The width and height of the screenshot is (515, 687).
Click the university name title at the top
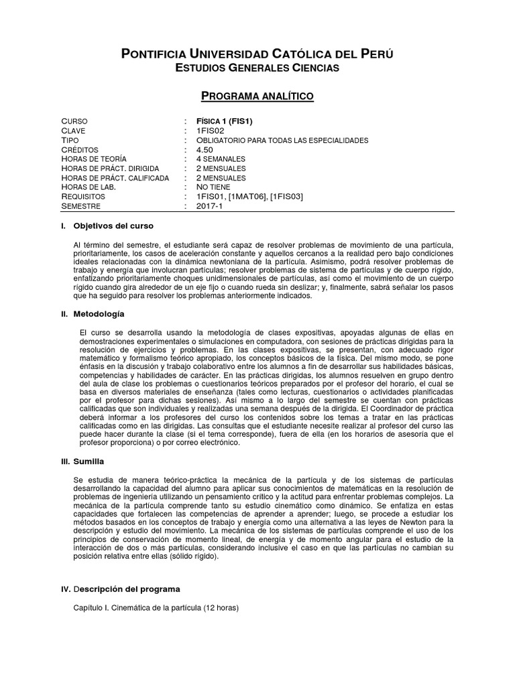(x=257, y=54)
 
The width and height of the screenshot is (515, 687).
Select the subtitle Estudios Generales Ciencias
(x=257, y=68)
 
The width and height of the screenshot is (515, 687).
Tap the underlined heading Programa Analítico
(x=257, y=96)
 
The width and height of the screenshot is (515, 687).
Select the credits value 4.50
(x=205, y=150)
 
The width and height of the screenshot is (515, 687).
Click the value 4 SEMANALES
(x=221, y=159)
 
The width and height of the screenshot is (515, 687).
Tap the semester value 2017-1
(x=210, y=207)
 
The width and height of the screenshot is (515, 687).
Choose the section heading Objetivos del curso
(x=113, y=225)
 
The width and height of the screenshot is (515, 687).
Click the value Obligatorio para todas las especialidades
(x=282, y=140)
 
